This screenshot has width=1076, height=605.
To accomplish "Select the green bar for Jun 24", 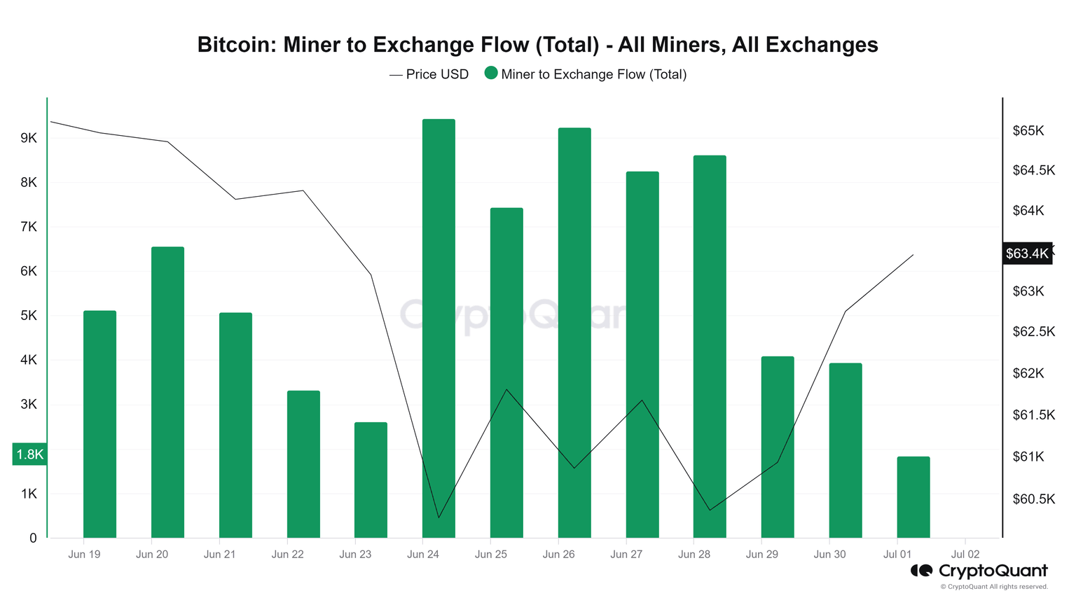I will pos(439,329).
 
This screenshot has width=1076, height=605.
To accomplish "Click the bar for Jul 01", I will pos(913,497).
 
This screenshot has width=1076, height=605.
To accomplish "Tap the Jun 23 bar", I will pos(371,480).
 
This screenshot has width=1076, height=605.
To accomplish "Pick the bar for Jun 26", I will pos(574,333).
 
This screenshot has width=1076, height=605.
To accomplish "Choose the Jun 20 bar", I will pos(167,392).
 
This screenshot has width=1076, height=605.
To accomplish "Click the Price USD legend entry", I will pos(429,74).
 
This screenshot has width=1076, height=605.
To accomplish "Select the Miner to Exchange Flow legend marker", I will pos(491,74).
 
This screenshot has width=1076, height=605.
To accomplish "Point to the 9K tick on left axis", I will pos(29,138).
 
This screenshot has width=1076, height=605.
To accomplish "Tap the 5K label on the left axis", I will pos(29,316).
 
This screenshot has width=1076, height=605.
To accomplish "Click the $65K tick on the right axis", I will pos(1028,131).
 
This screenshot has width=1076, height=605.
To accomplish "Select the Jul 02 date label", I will pos(965,554).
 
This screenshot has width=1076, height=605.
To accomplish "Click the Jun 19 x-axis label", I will pos(84,554).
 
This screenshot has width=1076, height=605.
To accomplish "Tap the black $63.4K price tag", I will pos(1027,253).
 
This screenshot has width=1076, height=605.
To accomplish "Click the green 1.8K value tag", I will pos(30,454).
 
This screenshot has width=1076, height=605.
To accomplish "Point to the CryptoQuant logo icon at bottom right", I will pos(921,571).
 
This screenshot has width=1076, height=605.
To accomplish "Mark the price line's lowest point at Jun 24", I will pos(439,517).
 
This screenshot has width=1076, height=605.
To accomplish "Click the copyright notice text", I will pos(994,587).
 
